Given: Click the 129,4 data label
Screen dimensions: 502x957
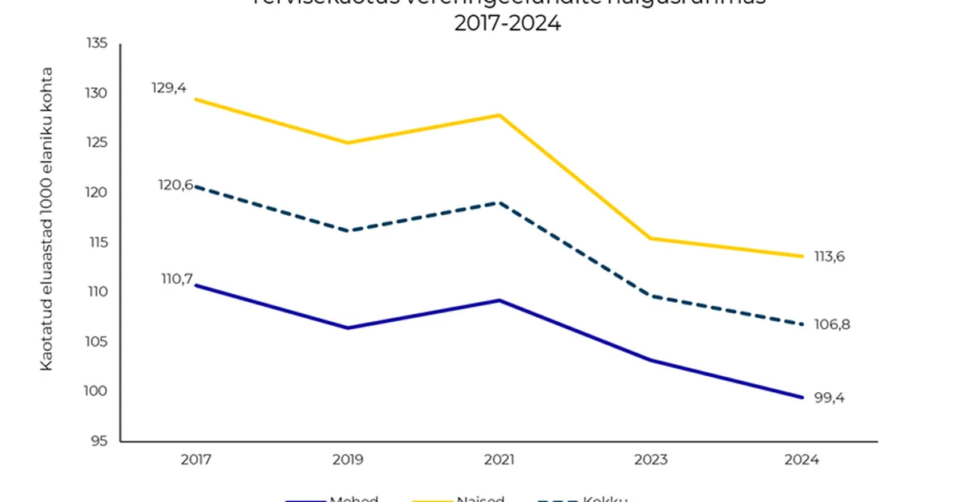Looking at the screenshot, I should pos(169,88).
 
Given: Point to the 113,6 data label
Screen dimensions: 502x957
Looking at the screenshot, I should pos(829,257).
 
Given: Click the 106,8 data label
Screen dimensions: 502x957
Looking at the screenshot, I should pos(829,324).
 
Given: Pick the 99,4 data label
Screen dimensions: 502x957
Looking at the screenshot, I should pos(829,398).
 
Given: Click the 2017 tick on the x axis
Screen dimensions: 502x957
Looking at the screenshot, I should pos(195,460).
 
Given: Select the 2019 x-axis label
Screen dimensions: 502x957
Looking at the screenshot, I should pos(348,460).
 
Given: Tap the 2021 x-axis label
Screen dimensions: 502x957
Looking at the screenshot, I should pos(500,460).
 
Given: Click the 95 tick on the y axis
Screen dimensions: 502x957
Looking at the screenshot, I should pos(99,441).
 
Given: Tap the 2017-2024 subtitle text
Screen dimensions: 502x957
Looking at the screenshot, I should pos(507,24).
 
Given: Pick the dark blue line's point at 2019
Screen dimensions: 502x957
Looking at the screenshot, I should pos(348,327).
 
